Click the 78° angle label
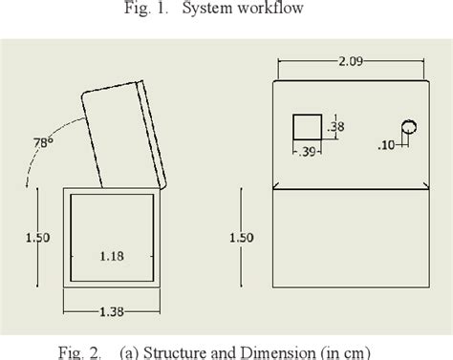[x=43, y=142]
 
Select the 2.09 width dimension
[x=351, y=61]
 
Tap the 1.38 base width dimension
[x=112, y=312]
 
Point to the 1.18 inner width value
[x=112, y=256]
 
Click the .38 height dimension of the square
[x=336, y=127]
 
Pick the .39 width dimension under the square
[x=307, y=152]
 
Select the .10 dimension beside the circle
[x=386, y=145]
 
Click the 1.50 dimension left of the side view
[x=37, y=238]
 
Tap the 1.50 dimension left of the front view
[x=242, y=238]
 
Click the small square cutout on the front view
[x=307, y=127]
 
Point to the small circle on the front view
[x=409, y=127]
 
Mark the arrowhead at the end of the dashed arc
[x=27, y=183]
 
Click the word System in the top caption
[x=207, y=9]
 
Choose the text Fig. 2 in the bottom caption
[x=80, y=353]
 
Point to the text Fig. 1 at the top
[x=146, y=9]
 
